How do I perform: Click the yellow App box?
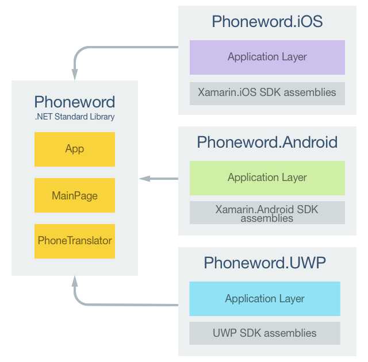[75, 149]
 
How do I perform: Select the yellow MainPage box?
[75, 195]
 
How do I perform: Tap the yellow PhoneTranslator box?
[75, 241]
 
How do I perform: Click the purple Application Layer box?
[267, 57]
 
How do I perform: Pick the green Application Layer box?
[267, 178]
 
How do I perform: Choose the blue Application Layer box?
[264, 299]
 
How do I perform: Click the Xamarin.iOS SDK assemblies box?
[267, 93]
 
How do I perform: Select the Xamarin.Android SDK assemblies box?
[267, 213]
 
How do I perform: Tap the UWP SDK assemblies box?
[264, 333]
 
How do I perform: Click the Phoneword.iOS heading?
[267, 22]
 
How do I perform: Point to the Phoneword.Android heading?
[267, 143]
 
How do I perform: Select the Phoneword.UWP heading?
[265, 263]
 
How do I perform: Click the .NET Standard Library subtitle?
[75, 117]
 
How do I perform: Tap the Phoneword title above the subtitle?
[75, 102]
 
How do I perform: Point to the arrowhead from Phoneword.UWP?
[75, 282]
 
